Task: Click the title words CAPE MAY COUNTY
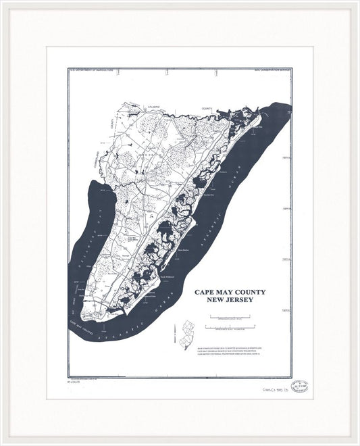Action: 230,292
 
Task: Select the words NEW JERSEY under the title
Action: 230,300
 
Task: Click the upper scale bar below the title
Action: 230,316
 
